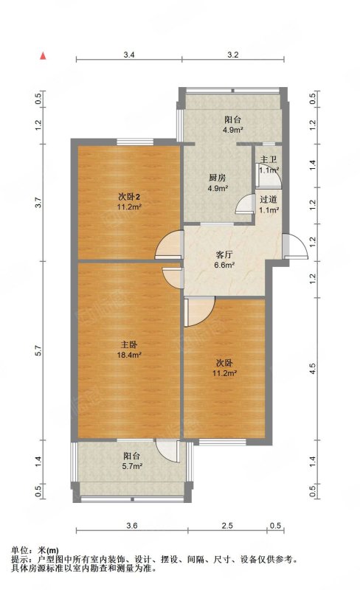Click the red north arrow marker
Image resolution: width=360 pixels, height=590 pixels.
[x=44, y=56]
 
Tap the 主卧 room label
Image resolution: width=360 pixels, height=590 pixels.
[x=129, y=344]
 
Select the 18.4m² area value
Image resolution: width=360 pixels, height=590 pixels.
[x=129, y=355]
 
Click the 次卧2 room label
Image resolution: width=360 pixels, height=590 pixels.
[x=129, y=196]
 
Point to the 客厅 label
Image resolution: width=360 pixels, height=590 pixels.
[x=224, y=254]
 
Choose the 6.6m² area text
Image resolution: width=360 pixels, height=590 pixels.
[x=224, y=265]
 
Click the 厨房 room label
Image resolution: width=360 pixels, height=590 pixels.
[x=218, y=178]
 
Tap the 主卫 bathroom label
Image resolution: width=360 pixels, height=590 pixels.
[x=269, y=160]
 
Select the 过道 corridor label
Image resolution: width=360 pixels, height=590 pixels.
[x=269, y=200]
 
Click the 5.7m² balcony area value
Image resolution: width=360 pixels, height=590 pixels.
[x=131, y=466]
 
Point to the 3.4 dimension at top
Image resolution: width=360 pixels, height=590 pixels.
[x=129, y=55]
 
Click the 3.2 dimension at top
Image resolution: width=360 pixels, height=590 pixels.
[x=233, y=55]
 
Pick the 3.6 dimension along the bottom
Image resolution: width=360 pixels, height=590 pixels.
[x=132, y=526]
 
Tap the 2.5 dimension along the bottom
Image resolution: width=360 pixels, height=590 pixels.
[x=227, y=526]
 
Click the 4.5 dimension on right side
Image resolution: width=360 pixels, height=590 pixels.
[x=313, y=369]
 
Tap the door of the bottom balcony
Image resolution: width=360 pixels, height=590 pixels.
[x=167, y=451]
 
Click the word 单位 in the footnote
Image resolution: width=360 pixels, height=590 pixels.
[x=20, y=551]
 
